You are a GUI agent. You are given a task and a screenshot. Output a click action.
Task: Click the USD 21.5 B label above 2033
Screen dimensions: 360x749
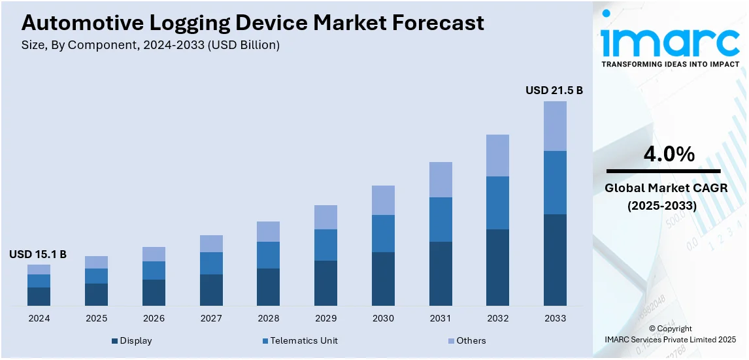point(554,91)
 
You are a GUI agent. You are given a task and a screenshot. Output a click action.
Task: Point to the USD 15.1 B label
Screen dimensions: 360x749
point(38,254)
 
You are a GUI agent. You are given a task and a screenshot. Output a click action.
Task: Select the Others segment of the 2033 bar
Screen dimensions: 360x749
point(555,126)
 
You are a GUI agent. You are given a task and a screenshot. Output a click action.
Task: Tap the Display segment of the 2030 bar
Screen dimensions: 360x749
point(383,279)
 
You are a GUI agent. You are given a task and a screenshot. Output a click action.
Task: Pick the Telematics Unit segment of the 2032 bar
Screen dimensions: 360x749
point(498,203)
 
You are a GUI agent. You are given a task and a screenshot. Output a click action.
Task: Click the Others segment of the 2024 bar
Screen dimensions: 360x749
point(39,269)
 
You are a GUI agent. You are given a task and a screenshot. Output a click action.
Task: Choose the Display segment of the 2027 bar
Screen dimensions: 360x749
point(211,290)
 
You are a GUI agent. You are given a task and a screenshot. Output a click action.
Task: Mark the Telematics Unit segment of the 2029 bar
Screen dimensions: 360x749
point(325,245)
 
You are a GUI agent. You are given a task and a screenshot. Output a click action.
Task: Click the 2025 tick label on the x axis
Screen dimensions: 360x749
point(96,318)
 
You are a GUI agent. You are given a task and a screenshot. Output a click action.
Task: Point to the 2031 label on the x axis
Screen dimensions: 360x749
point(441,318)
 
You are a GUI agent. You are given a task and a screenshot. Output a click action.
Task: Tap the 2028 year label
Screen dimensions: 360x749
point(268,318)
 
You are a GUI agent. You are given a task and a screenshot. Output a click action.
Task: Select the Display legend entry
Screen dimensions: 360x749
point(133,340)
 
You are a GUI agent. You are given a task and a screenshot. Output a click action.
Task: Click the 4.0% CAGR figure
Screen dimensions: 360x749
point(669,154)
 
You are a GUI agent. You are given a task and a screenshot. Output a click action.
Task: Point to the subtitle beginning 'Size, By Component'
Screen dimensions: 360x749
point(151,45)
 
